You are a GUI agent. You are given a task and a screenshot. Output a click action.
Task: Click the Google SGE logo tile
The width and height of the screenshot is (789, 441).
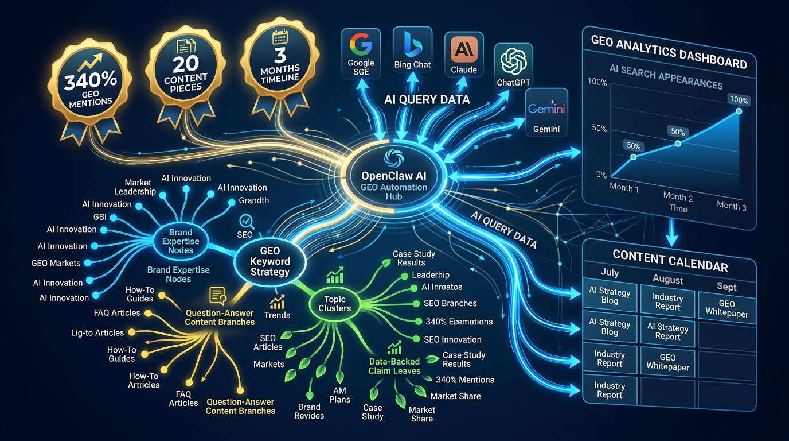pos(361,55)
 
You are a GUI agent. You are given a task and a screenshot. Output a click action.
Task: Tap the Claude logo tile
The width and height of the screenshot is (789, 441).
pos(464,56)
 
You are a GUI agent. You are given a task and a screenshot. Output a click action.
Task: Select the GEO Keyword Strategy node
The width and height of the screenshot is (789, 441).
pos(270,261)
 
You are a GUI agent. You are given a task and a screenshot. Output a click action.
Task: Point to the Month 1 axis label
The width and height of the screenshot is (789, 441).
pos(624,188)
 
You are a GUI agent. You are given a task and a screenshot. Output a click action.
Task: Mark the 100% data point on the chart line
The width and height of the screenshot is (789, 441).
pos(739,111)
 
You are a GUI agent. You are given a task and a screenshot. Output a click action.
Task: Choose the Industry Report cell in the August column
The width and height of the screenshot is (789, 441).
pos(668,302)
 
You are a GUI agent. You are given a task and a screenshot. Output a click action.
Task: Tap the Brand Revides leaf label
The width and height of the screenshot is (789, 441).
pos(309,411)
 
